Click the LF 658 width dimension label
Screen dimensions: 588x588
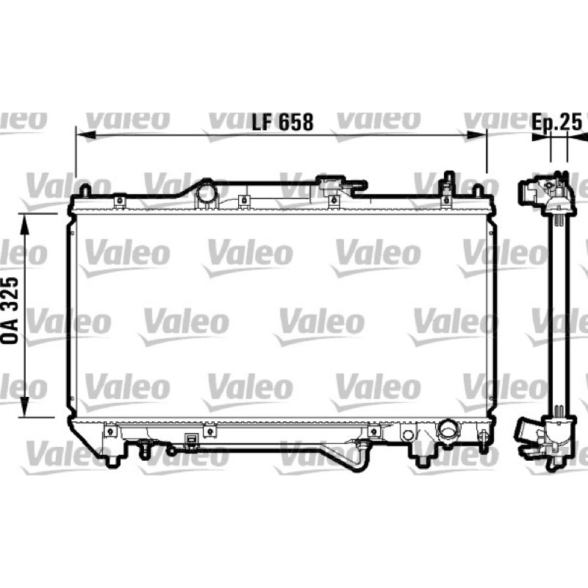pyautogui.click(x=282, y=122)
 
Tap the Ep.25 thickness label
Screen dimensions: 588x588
pyautogui.click(x=557, y=122)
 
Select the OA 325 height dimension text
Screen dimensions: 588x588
pyautogui.click(x=10, y=310)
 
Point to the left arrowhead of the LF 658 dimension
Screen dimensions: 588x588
pyautogui.click(x=85, y=135)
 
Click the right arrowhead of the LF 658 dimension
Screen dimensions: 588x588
pyautogui.click(x=476, y=135)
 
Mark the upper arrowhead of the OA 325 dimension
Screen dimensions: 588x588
pyautogui.click(x=24, y=224)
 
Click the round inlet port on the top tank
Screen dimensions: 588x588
pyautogui.click(x=207, y=192)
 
